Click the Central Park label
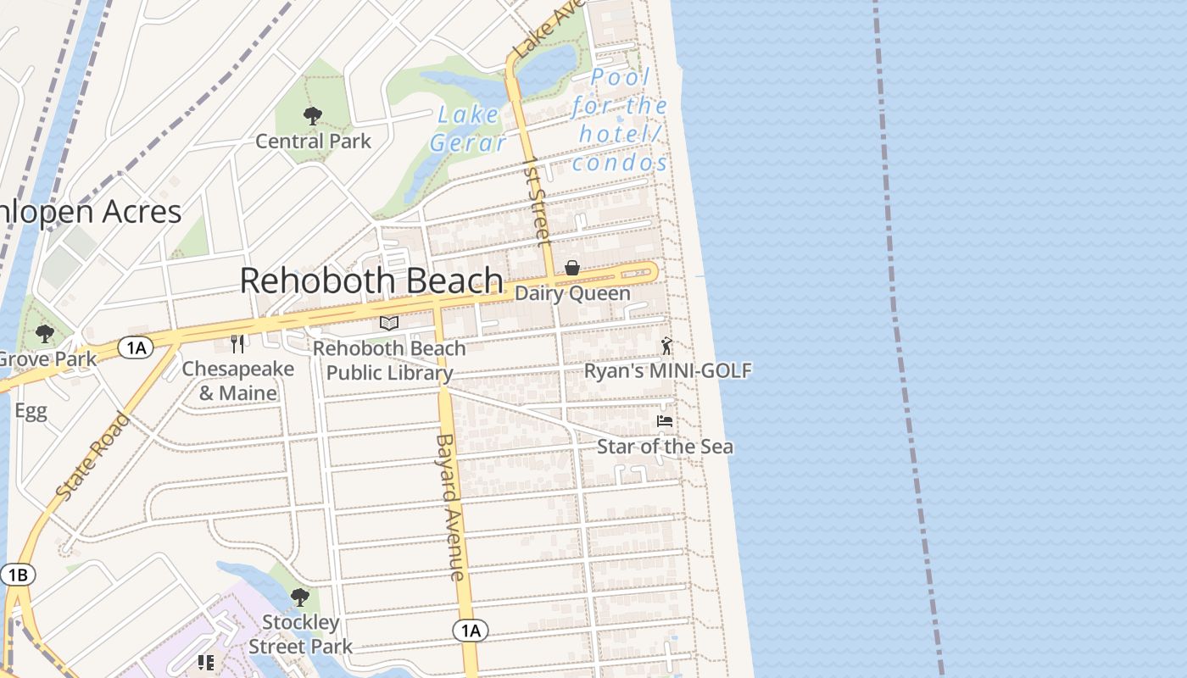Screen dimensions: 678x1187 click(x=313, y=141)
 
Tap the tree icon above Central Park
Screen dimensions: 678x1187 click(x=312, y=116)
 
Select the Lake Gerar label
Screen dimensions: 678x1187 click(x=468, y=130)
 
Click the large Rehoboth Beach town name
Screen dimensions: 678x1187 click(x=371, y=281)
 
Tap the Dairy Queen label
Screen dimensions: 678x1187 click(x=572, y=294)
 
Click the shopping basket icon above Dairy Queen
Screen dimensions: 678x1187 click(x=572, y=269)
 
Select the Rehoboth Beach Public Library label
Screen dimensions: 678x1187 click(x=389, y=361)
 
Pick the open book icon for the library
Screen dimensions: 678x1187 click(x=389, y=323)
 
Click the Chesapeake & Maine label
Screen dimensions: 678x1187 click(x=238, y=381)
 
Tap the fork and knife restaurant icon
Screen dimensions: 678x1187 click(x=237, y=343)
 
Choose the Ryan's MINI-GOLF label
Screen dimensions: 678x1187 click(x=667, y=370)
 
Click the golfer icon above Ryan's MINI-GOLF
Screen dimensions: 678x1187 click(x=667, y=345)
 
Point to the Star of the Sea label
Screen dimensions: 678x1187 click(x=665, y=447)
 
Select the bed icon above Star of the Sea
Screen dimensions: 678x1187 click(x=665, y=420)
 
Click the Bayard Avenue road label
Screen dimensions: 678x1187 click(x=449, y=507)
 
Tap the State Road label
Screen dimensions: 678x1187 click(x=93, y=455)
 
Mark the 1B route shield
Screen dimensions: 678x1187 click(x=17, y=575)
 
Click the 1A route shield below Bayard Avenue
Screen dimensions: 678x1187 click(x=470, y=631)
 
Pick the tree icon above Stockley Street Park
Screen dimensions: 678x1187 click(x=299, y=597)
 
